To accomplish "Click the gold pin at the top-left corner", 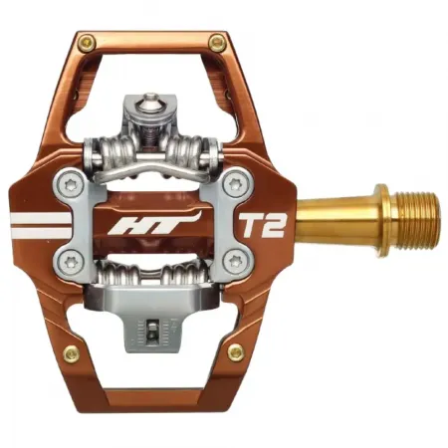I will pyautogui.click(x=87, y=42).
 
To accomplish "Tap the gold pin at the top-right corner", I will pyautogui.click(x=216, y=42).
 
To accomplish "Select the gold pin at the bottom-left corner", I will pyautogui.click(x=71, y=352).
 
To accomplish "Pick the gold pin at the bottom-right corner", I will pyautogui.click(x=235, y=351).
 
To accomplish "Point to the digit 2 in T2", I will pyautogui.click(x=273, y=223).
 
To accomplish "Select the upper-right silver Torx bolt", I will pyautogui.click(x=234, y=184).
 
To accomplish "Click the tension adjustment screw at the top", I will pyautogui.click(x=151, y=102).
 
